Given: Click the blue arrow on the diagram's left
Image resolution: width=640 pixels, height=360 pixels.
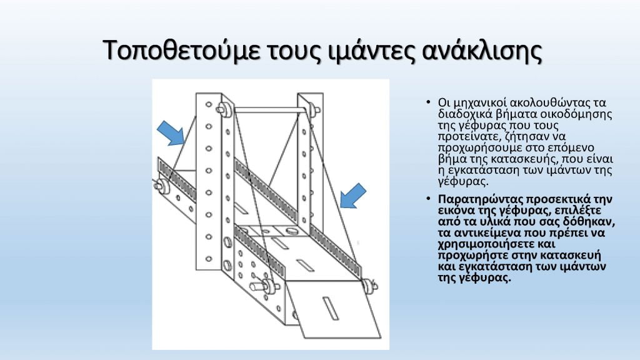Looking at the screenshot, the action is coord(171,132).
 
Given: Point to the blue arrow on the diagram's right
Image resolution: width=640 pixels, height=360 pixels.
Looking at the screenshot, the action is coord(352,196).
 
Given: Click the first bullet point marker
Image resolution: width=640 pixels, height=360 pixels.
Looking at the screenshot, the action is coord(428,102).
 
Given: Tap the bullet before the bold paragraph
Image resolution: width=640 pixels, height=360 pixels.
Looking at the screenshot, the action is coord(428,199).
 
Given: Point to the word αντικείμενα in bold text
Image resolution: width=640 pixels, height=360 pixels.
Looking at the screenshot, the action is coord(488,233).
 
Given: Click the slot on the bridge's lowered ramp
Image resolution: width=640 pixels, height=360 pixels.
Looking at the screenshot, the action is coord(329,308).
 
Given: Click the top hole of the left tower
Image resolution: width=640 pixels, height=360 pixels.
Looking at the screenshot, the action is coord(209,104).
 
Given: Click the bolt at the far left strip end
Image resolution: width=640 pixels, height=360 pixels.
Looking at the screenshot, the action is coord(162,185).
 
